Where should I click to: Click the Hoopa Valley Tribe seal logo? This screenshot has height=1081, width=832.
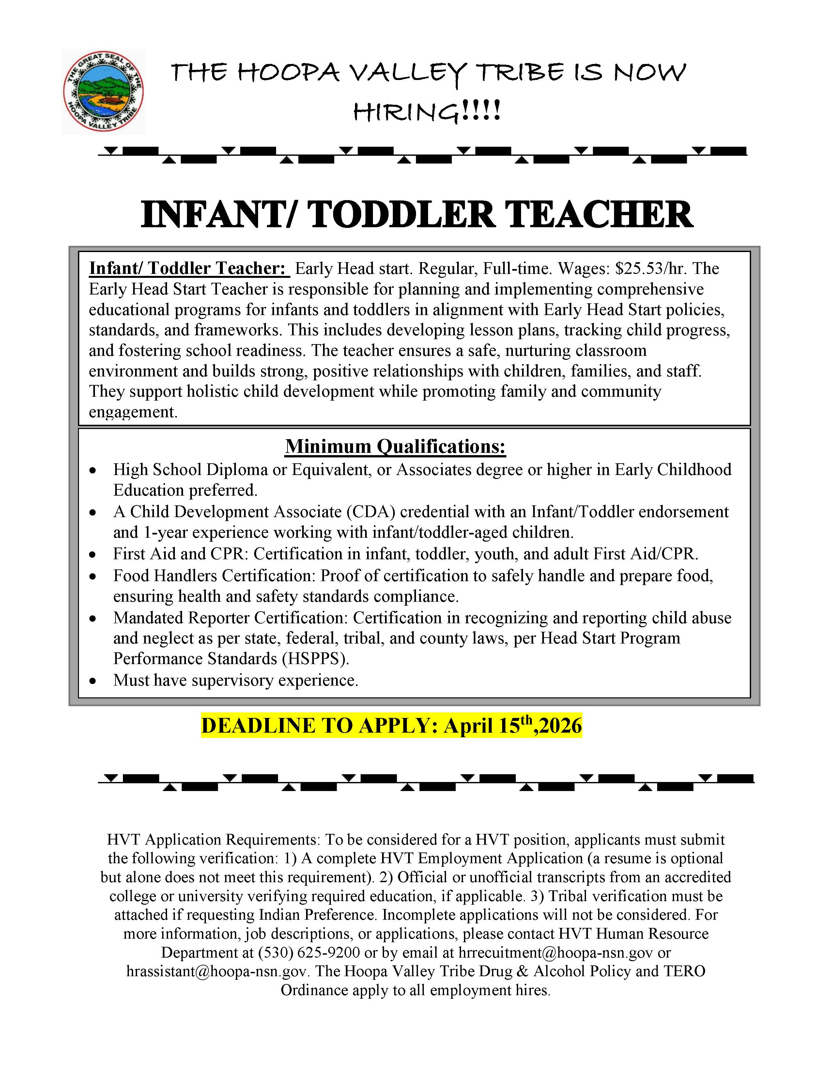click(103, 91)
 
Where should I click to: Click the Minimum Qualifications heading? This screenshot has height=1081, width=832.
click(395, 446)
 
